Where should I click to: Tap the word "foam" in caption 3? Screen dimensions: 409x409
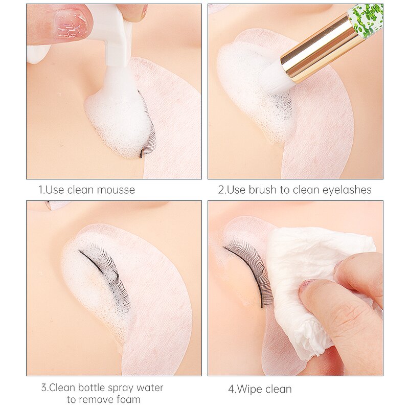click(128, 399)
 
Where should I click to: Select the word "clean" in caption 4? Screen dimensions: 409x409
click(279, 390)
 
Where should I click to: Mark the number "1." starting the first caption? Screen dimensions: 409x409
click(42, 190)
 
